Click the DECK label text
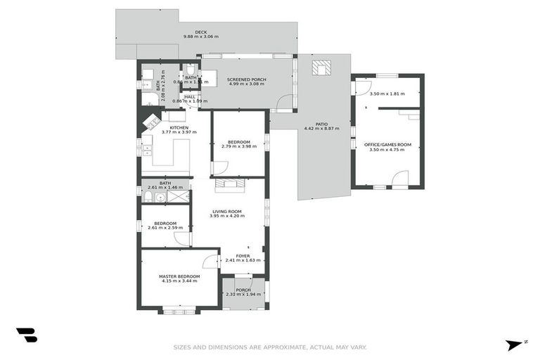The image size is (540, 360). (x=201, y=31)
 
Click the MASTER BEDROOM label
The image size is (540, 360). (x=180, y=276)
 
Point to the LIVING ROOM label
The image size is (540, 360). (x=227, y=212)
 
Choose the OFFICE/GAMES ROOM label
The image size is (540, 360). (x=387, y=144)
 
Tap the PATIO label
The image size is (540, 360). (x=322, y=124)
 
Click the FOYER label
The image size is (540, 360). (x=243, y=256)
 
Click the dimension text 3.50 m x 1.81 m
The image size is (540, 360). (x=387, y=94)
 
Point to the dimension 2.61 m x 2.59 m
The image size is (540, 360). (x=165, y=228)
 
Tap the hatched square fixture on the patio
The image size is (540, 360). (x=321, y=67)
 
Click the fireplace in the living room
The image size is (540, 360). (x=229, y=186)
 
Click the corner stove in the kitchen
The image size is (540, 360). (x=150, y=122)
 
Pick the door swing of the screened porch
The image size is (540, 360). (x=283, y=104)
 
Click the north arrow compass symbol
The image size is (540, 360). (x=515, y=344)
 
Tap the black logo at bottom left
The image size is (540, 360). (x=27, y=335)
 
